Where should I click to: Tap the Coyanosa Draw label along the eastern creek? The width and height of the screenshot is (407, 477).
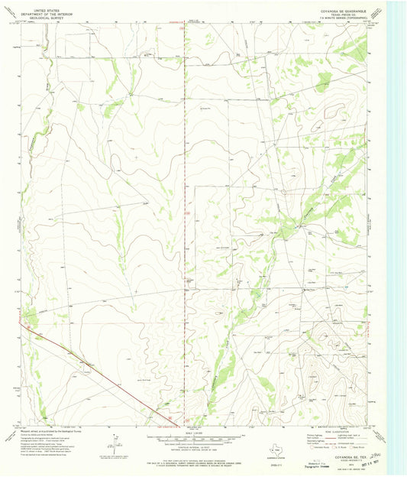click(x=308, y=208)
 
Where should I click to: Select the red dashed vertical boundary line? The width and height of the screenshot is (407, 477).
click(x=185, y=229)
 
